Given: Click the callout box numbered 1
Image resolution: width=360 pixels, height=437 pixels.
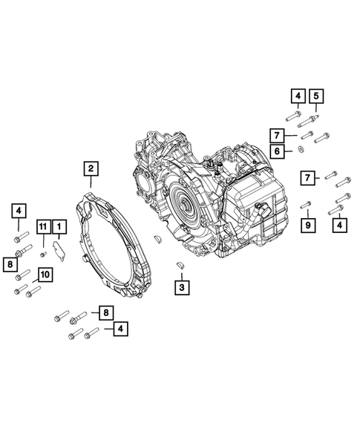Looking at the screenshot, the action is [x=59, y=226].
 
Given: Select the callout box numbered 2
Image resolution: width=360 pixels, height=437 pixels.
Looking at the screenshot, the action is [x=91, y=168].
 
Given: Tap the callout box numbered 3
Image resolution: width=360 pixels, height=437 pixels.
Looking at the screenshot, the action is [x=182, y=287].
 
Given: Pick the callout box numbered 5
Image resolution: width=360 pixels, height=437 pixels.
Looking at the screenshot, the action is [x=316, y=96].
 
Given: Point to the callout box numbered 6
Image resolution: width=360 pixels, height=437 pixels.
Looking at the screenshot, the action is [x=277, y=151].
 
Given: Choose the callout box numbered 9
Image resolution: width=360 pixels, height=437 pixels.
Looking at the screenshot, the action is [x=308, y=225].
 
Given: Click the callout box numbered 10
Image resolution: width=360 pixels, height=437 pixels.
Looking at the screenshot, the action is [x=45, y=275].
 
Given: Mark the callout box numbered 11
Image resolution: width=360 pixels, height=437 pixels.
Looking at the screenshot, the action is [x=43, y=226].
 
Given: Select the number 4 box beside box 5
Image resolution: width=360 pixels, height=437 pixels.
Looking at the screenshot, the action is [x=298, y=96].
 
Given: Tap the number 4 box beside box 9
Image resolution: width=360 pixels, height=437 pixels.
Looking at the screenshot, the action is [x=340, y=225].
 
